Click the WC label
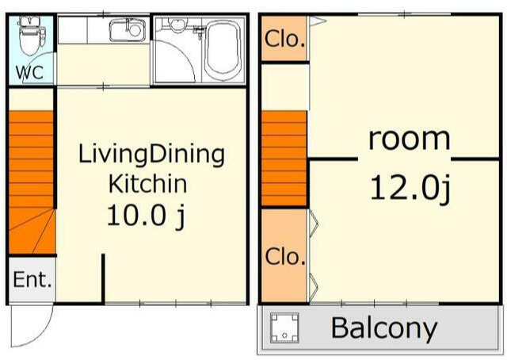tap(30, 72)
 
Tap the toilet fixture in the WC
tap(32, 36)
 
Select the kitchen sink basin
tap(127, 30)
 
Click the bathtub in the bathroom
tap(223, 49)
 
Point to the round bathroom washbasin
tap(177, 25)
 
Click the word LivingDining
tap(151, 155)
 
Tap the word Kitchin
tap(148, 183)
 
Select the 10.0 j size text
tap(146, 216)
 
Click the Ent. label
tap(32, 279)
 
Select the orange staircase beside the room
tap(284, 159)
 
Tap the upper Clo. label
tap(285, 39)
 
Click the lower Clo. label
tap(285, 257)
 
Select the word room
tap(409, 140)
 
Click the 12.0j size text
tap(410, 189)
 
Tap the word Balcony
tap(383, 329)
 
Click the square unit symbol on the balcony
tap(284, 327)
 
